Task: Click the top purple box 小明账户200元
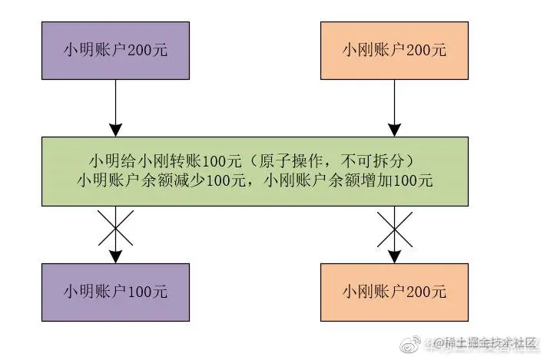coord(114,51)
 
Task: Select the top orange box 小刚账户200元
coord(393,51)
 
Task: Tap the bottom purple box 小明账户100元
coord(114,292)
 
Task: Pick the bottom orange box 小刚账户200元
coord(393,292)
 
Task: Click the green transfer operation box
coord(254,171)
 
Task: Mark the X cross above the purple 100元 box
coord(114,230)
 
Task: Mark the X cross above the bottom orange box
coord(393,230)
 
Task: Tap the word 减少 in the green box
coord(193,182)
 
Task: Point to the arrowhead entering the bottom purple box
coord(114,256)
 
